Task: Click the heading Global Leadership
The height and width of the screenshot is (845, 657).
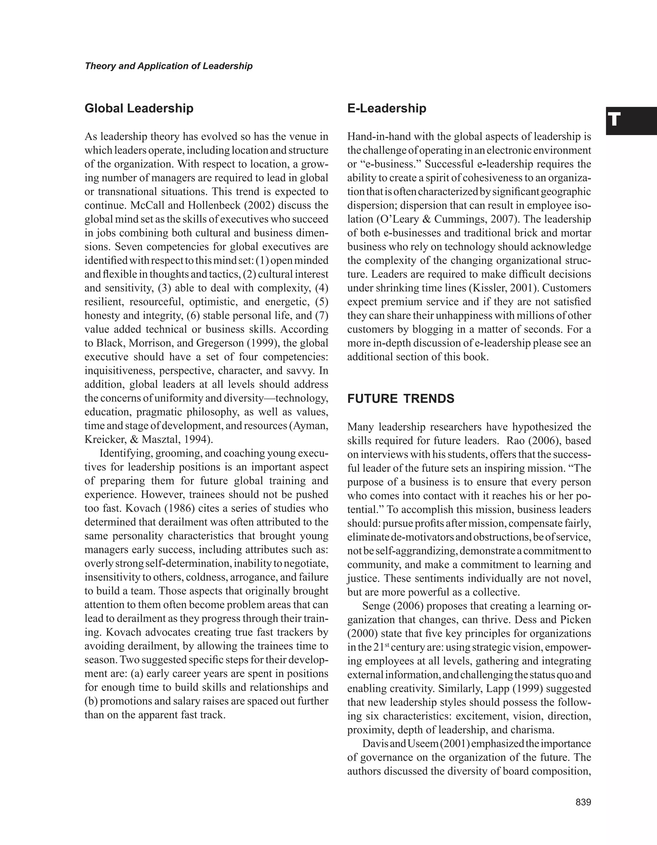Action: coord(139,108)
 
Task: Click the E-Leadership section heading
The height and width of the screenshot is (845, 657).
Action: coord(386,108)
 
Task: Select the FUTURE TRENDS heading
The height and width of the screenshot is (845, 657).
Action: coord(401,399)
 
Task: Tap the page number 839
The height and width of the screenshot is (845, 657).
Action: coord(583,802)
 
